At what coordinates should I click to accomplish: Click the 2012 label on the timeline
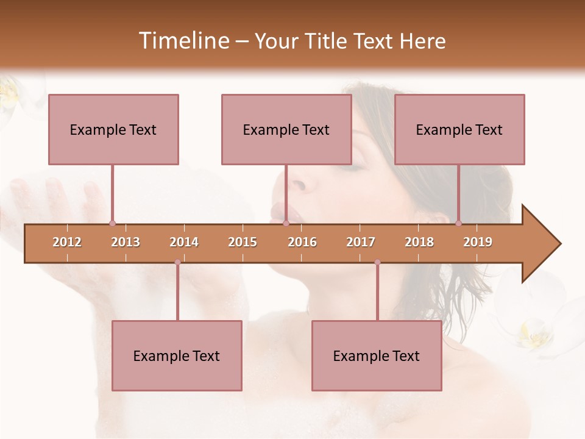67,242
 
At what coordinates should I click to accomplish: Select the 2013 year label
126,242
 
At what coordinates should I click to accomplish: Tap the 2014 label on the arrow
184,242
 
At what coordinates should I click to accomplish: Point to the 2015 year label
243,242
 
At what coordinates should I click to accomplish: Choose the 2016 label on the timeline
302,242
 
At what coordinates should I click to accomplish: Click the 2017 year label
361,242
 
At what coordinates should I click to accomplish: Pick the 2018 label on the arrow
419,242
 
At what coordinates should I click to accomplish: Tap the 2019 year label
478,242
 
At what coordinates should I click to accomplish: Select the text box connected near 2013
113,130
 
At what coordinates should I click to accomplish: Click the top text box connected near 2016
286,130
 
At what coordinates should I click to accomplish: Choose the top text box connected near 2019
459,130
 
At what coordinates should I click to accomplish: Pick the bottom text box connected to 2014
177,356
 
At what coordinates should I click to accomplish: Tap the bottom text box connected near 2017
377,356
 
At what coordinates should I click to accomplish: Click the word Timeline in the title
183,41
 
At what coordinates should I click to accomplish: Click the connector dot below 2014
177,262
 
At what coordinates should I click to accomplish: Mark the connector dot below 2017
377,262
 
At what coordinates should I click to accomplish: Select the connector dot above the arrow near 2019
458,223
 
